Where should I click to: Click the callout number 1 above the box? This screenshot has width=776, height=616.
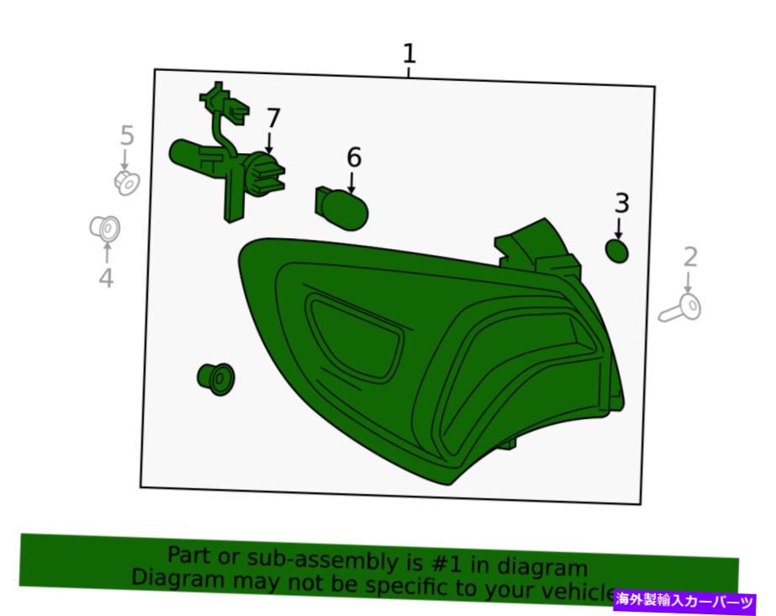[x=409, y=54]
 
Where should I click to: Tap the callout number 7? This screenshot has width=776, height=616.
[x=273, y=119]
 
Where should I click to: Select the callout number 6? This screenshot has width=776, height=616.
[x=353, y=157]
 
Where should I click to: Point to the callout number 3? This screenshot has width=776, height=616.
[x=622, y=204]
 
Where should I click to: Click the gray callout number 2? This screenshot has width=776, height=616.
[x=690, y=258]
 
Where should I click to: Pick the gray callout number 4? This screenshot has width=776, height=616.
[x=107, y=278]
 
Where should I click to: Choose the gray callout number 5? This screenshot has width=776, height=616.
[x=127, y=135]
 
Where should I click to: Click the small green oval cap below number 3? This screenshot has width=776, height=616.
[x=617, y=251]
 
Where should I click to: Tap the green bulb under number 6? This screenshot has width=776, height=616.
[x=341, y=209]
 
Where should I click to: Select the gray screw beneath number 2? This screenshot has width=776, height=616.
[x=680, y=308]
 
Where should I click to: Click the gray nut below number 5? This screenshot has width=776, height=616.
[x=127, y=183]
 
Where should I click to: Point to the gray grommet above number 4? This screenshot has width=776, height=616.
[x=105, y=229]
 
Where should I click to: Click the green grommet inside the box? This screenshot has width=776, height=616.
[x=215, y=380]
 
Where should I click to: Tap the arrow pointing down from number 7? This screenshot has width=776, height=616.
[x=269, y=142]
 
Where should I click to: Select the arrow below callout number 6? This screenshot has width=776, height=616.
[x=351, y=182]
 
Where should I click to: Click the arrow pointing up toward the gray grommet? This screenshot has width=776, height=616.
[x=107, y=252]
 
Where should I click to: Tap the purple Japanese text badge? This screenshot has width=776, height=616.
[x=685, y=601]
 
